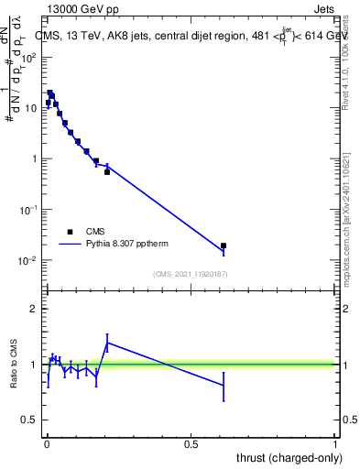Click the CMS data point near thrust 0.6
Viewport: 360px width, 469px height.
224,245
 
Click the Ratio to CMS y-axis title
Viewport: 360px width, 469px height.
15,364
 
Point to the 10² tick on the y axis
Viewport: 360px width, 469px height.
31,57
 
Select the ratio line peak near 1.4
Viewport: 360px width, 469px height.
107,343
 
